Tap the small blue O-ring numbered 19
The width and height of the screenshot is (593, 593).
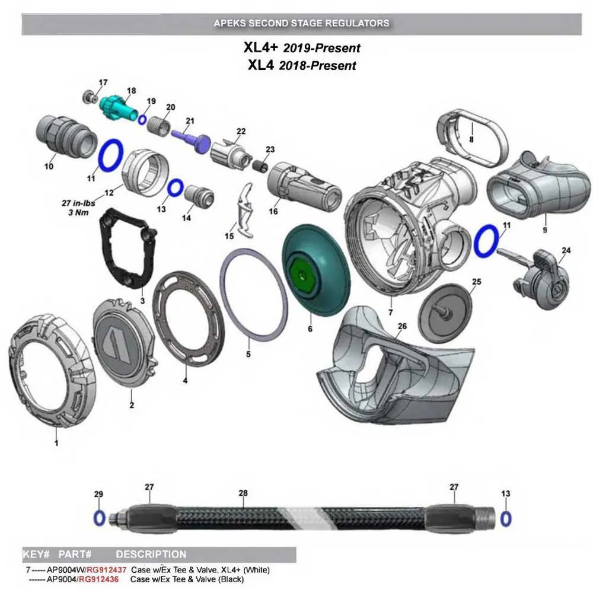[142, 120]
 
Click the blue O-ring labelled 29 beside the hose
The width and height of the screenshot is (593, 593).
[99, 518]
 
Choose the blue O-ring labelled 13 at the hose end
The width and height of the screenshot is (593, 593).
[506, 518]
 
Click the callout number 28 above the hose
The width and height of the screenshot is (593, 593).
[243, 493]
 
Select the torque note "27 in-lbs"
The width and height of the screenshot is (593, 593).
[78, 203]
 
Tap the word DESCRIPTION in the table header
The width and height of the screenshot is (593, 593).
[151, 554]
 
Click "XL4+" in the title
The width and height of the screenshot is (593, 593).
[260, 47]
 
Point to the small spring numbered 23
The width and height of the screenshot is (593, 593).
[260, 165]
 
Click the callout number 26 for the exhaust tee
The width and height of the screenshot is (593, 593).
[402, 326]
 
